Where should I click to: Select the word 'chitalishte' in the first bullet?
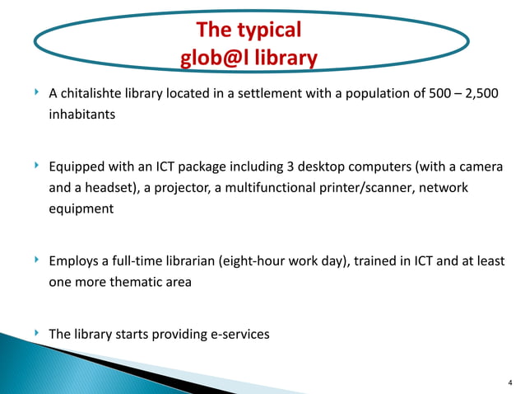click(x=95, y=94)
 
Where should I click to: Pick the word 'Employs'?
click(x=75, y=262)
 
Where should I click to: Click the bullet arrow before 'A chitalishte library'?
click(x=35, y=93)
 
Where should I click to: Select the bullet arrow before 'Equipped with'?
click(x=35, y=167)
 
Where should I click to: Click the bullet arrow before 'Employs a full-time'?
click(x=35, y=261)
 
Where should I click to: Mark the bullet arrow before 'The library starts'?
click(x=35, y=334)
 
